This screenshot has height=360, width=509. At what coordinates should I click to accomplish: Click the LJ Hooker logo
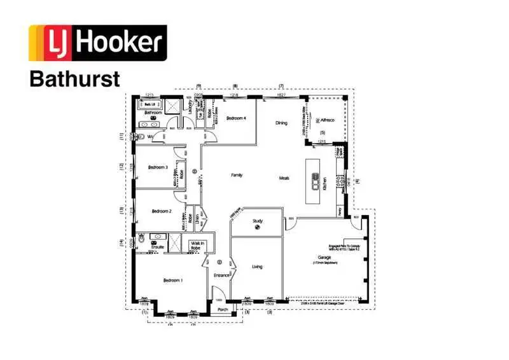tap(98, 43)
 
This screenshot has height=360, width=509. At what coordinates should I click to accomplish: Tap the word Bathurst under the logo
tap(74, 79)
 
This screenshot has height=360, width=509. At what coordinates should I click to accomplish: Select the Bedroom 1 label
tap(172, 280)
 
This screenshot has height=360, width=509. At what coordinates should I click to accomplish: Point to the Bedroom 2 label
tap(162, 211)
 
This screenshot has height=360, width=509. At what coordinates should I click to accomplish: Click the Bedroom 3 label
tap(158, 167)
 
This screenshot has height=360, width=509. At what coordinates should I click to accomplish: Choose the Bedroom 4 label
tap(236, 118)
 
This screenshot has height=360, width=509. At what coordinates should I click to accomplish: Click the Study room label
tap(258, 221)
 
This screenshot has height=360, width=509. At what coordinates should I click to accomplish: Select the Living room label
tap(257, 267)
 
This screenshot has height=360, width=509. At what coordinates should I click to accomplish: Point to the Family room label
tap(237, 175)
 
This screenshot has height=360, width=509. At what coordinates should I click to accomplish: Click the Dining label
tap(281, 123)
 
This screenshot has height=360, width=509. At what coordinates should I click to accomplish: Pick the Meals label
tap(284, 178)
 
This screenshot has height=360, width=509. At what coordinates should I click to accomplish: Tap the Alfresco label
tap(327, 120)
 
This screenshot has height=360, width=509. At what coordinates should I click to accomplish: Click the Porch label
tap(223, 310)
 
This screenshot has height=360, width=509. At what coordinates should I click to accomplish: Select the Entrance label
tap(221, 275)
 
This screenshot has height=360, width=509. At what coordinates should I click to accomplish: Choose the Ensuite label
tap(158, 247)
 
